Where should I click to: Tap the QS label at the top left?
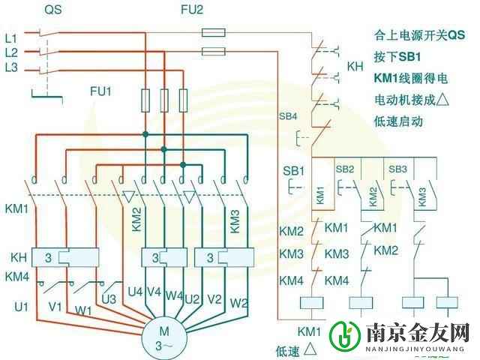(52, 10)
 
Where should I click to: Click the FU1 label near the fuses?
(100, 91)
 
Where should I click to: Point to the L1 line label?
(11, 36)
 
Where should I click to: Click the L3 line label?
(11, 69)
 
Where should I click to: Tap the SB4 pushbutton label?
(288, 117)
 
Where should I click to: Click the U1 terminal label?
(20, 306)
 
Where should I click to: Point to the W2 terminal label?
(239, 303)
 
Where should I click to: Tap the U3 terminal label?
(109, 299)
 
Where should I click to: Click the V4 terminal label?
(154, 291)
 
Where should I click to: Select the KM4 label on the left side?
(16, 277)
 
